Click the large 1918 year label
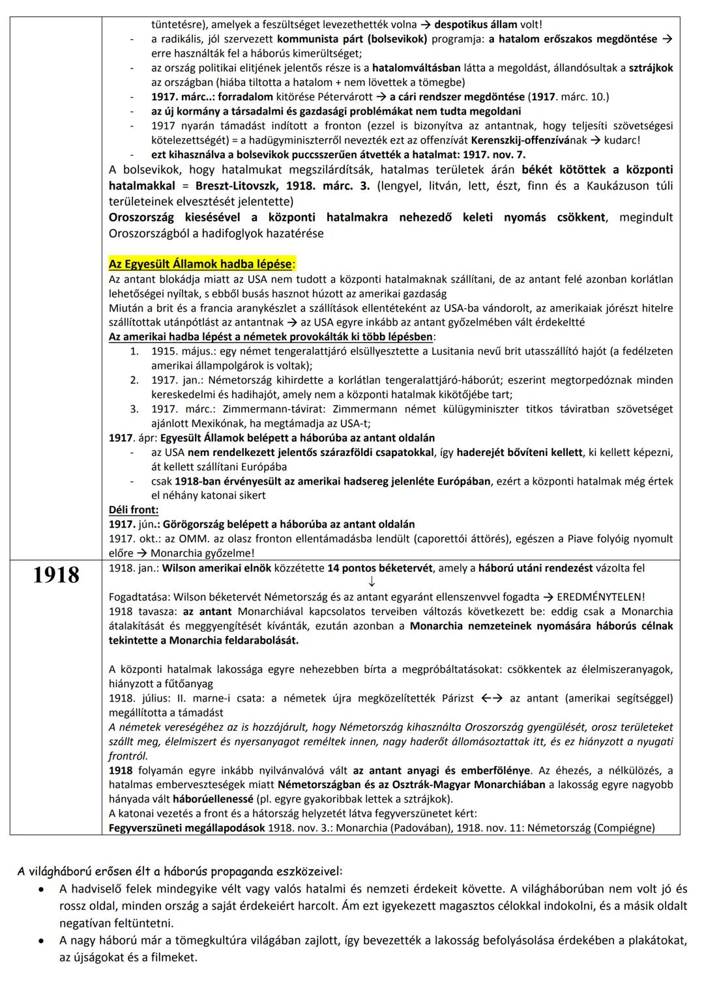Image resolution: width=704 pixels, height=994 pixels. tap(56, 575)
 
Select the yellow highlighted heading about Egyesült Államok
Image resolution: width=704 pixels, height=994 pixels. tap(201, 264)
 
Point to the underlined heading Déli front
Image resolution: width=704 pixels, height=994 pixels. tap(133, 510)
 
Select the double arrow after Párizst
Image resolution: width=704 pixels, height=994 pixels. tap(492, 698)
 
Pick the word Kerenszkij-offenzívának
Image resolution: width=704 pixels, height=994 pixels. tap(530, 140)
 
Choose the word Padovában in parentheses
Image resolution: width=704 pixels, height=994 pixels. tap(454, 828)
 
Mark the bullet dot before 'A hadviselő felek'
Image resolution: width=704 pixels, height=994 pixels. tap(41, 889)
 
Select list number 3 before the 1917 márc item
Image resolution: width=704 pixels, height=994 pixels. tap(134, 409)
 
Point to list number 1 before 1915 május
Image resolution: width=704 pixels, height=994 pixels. tap(134, 351)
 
